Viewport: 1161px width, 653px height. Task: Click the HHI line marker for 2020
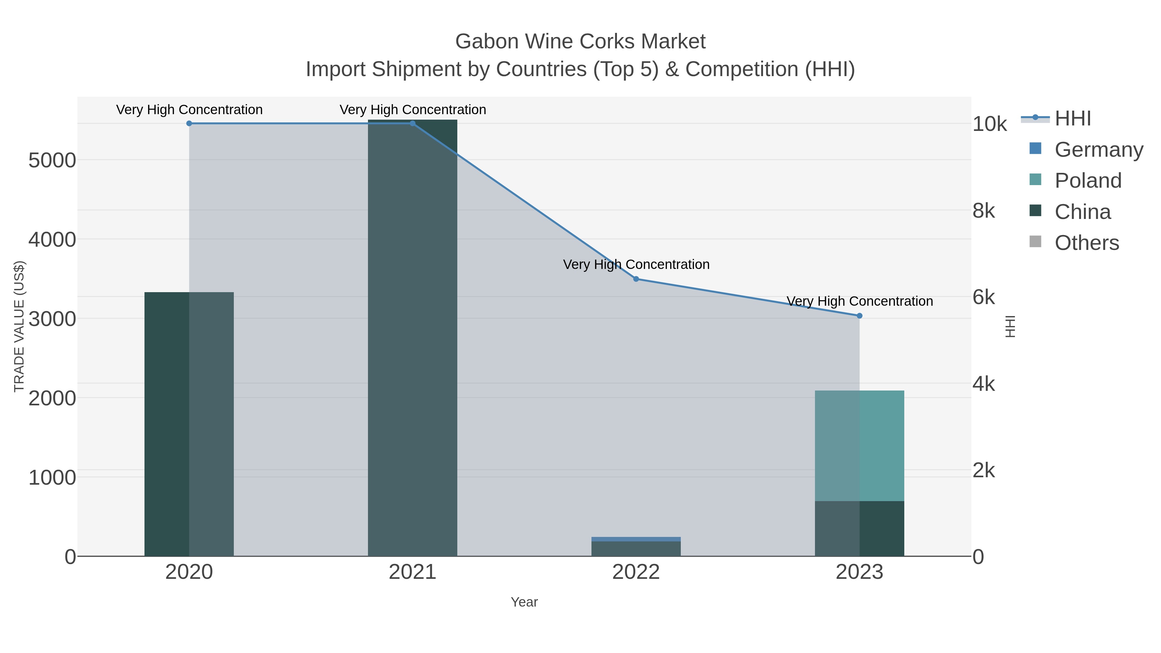coord(189,123)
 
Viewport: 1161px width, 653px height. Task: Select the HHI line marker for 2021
coord(412,123)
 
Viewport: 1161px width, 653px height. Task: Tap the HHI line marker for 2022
coord(636,279)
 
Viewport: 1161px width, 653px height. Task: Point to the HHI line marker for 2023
coord(859,316)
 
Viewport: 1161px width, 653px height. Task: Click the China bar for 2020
coord(189,424)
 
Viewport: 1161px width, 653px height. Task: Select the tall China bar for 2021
coord(412,338)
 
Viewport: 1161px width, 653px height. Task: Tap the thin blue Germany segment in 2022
coord(636,539)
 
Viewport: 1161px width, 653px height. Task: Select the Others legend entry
coord(1086,242)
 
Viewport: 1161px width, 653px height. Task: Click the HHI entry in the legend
coord(1073,119)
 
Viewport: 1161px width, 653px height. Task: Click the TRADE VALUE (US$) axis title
coord(19,326)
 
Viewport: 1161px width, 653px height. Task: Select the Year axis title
coord(524,602)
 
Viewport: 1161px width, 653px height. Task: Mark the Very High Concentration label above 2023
coord(859,301)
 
